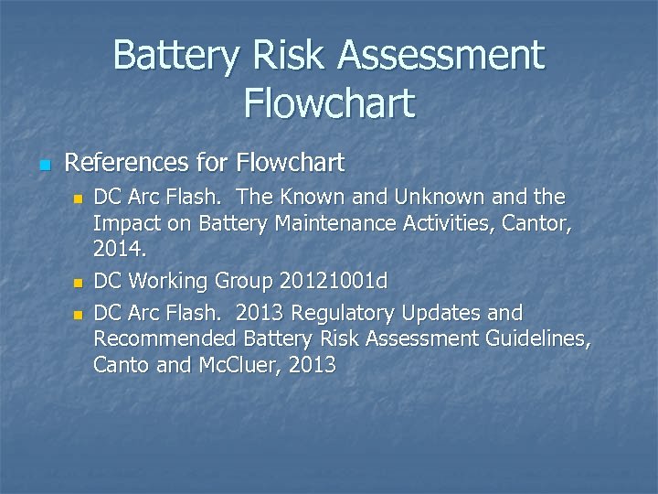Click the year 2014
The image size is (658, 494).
119,247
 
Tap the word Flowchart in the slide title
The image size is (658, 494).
329,102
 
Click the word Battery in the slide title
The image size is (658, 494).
174,57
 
